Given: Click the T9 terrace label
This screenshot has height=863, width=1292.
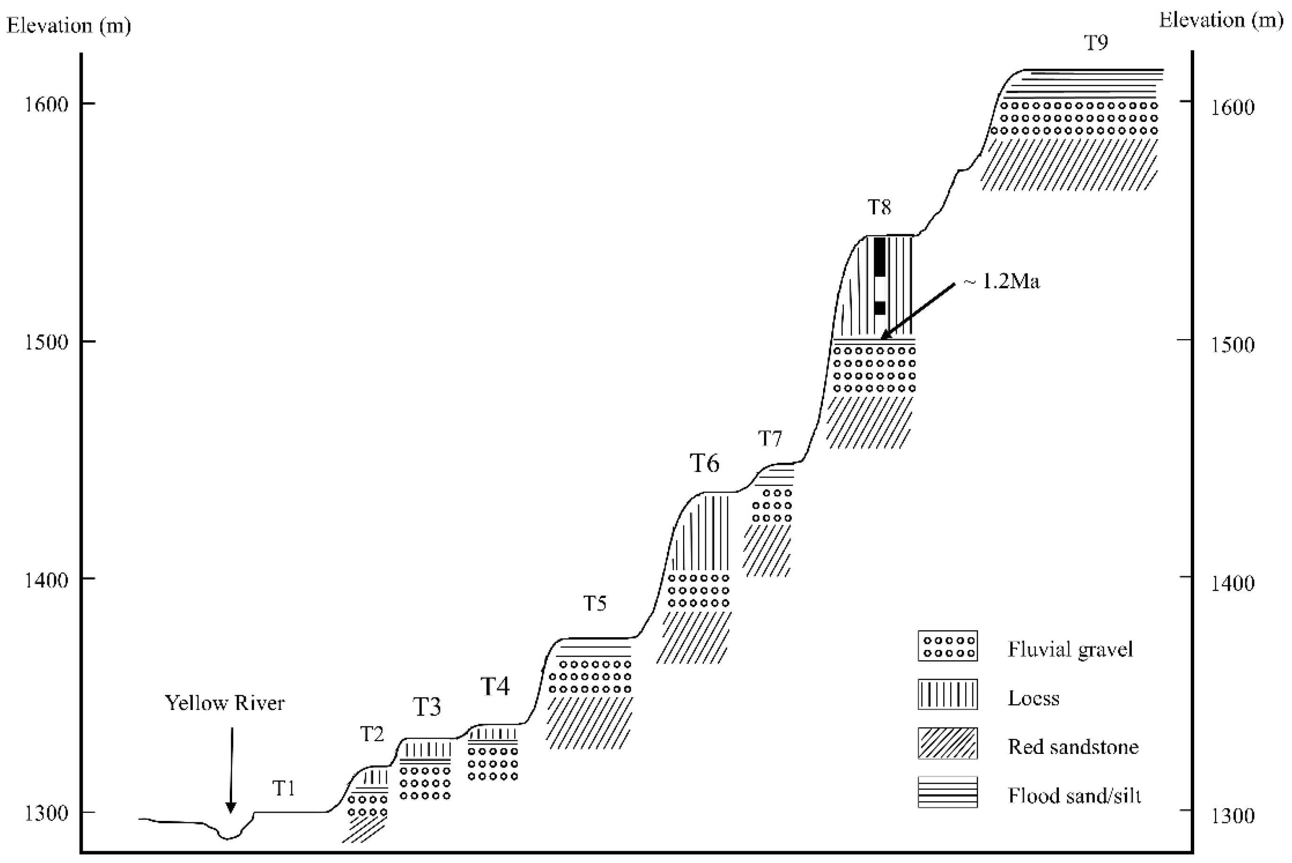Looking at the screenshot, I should tap(1095, 43).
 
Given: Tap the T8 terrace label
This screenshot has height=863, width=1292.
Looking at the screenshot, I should tap(879, 207).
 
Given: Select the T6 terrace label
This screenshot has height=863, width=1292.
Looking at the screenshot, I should tap(704, 463).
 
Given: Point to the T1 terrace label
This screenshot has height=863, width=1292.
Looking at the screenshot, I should tap(284, 789).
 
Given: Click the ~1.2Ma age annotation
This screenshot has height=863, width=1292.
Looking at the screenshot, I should tap(1002, 282).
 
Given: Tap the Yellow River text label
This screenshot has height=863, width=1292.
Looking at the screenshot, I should tap(225, 703).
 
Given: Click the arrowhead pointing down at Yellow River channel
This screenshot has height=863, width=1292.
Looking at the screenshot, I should tap(231, 808).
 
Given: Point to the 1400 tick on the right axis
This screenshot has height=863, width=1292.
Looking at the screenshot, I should tap(1186, 577).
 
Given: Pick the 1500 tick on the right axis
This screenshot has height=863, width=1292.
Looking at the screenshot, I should tap(1186, 340).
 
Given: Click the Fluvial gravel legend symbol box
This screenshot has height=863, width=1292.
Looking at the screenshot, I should tap(947, 646).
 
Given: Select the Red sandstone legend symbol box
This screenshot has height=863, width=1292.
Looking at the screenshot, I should tap(947, 743).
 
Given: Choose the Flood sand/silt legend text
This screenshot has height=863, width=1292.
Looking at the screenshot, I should tap(1074, 796).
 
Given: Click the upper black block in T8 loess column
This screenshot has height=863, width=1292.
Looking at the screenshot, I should tap(879, 256).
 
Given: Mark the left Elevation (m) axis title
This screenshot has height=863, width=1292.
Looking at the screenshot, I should tap(69, 26).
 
